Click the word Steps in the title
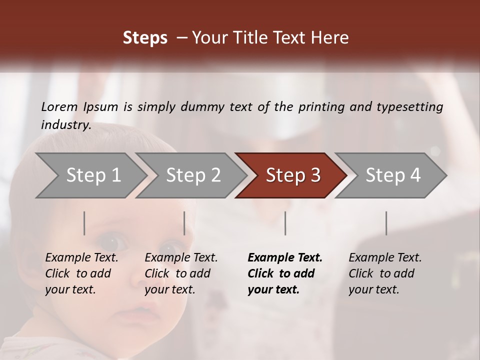tap(145, 38)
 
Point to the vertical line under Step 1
tap(84, 223)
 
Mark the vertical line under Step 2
tap(184, 223)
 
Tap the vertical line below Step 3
tap(285, 223)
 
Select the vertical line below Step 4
tap(386, 223)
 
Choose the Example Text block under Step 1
tap(81, 273)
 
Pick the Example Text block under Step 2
tap(181, 273)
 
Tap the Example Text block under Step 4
tap(385, 273)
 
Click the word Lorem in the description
tap(59, 106)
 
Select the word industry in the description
tap(65, 125)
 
